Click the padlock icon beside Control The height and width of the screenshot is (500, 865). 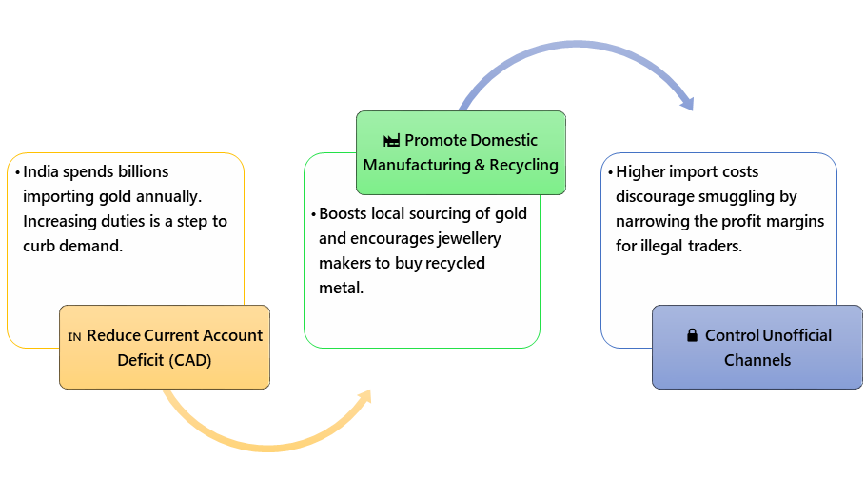click(x=692, y=336)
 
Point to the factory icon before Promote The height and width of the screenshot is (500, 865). click(x=391, y=141)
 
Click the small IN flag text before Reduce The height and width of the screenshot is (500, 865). click(x=75, y=337)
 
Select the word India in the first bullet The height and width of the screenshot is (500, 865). click(x=43, y=172)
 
